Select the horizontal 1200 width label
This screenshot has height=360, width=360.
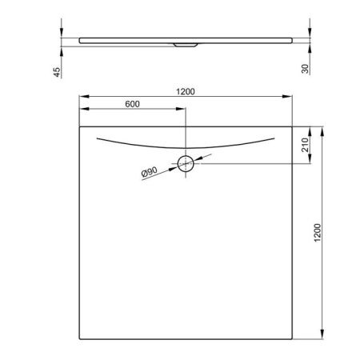tap(186, 93)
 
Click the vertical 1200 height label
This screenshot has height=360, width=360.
tap(318, 233)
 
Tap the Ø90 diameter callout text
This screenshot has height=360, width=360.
tap(149, 173)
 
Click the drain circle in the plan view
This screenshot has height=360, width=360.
tap(186, 165)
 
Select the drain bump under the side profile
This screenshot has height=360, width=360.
tap(186, 46)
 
